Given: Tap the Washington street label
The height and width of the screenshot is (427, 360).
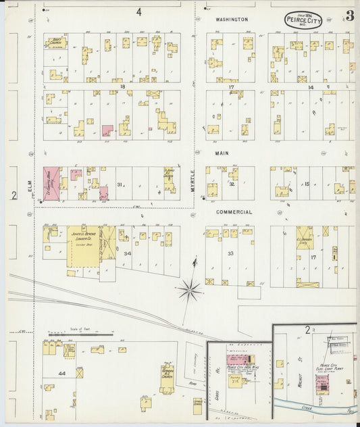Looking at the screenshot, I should [232, 20].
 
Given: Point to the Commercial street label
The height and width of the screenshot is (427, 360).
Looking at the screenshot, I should [234, 212].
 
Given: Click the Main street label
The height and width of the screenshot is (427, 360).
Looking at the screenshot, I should [222, 153].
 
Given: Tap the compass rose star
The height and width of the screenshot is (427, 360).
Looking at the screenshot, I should [190, 291].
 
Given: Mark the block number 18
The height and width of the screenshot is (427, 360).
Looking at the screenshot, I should [122, 87].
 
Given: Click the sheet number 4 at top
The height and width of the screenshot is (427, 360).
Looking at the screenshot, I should [138, 11].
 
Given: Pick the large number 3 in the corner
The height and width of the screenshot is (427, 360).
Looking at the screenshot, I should [350, 16].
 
